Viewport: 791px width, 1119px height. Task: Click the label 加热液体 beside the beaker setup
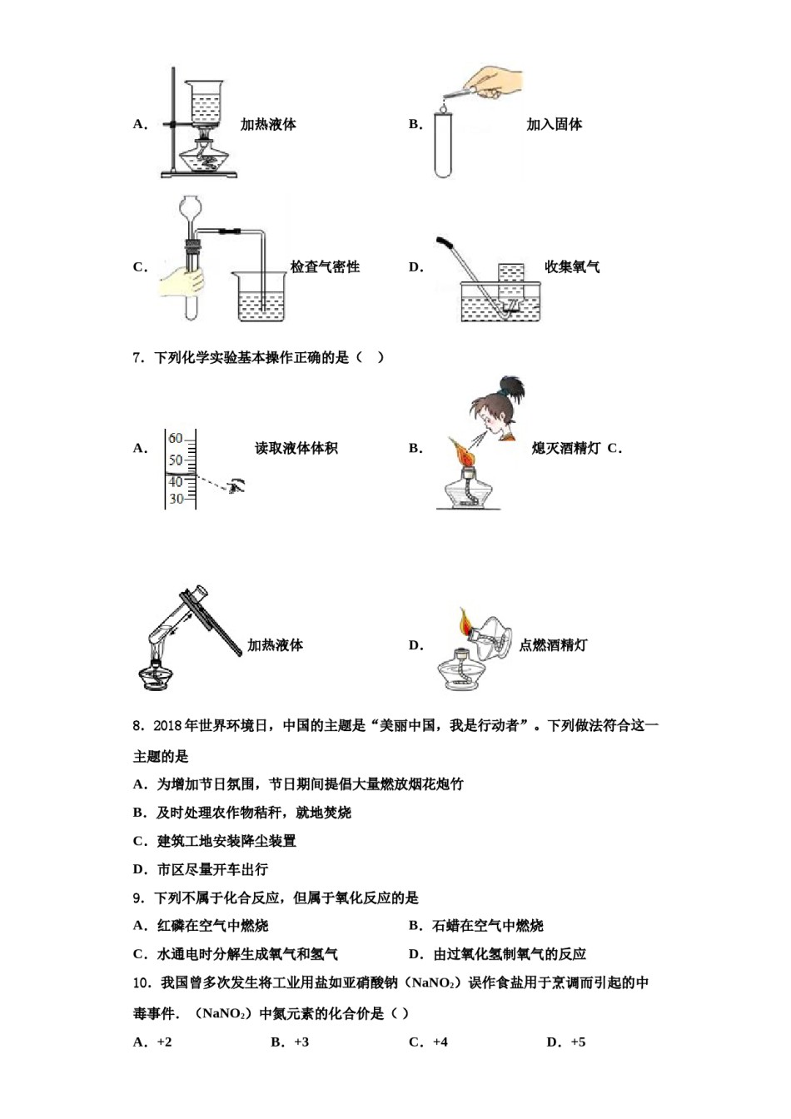pyautogui.click(x=268, y=125)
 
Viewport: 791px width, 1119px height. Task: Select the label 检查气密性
pyautogui.click(x=325, y=267)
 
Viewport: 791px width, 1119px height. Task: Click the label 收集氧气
pyautogui.click(x=572, y=267)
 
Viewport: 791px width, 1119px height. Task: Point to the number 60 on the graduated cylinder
pyautogui.click(x=175, y=439)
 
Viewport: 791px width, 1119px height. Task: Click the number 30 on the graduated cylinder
pyautogui.click(x=176, y=499)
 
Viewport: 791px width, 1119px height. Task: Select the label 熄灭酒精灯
pyautogui.click(x=565, y=449)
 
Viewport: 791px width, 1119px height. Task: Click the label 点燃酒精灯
pyautogui.click(x=553, y=645)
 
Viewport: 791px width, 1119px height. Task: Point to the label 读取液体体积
pyautogui.click(x=296, y=449)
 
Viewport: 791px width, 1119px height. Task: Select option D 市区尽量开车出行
pyautogui.click(x=212, y=869)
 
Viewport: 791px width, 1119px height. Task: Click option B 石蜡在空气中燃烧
pyautogui.click(x=487, y=926)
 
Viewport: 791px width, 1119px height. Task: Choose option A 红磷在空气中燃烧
pyautogui.click(x=212, y=926)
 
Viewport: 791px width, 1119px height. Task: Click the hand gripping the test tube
pyautogui.click(x=182, y=280)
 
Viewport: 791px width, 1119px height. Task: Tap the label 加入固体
pyautogui.click(x=554, y=125)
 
